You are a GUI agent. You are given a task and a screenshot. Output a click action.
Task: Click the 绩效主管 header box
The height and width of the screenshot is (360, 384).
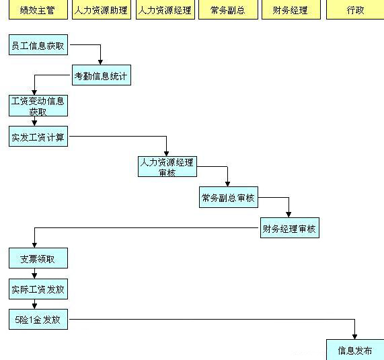[x=38, y=9]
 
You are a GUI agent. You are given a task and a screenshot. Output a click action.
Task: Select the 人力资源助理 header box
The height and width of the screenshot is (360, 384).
[x=102, y=9]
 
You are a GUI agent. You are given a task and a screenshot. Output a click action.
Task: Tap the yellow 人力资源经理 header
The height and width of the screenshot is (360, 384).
[x=165, y=9]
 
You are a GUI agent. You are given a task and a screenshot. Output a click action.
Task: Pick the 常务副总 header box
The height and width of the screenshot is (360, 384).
[x=228, y=9]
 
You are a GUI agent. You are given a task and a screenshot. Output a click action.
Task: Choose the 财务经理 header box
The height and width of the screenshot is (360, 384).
[x=291, y=9]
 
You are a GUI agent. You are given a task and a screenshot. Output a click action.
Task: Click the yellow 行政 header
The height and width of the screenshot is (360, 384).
[x=355, y=9]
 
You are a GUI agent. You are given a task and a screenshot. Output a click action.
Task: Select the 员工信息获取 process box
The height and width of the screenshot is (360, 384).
[x=38, y=45]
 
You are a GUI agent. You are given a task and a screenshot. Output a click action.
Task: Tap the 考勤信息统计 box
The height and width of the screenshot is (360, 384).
[x=102, y=75]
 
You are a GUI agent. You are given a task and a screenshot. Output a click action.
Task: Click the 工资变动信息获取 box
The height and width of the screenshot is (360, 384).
[x=38, y=106]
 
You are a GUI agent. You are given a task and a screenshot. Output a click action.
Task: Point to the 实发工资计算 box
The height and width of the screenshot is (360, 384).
[x=38, y=137]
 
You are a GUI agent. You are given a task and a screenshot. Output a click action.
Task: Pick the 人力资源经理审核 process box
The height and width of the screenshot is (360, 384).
[x=167, y=167]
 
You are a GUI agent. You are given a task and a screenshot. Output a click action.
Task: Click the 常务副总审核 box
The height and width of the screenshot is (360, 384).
[x=229, y=197]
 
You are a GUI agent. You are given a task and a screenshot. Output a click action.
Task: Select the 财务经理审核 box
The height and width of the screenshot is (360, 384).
[x=290, y=227]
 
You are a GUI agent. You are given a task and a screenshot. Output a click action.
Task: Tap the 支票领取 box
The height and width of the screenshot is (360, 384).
[x=38, y=258]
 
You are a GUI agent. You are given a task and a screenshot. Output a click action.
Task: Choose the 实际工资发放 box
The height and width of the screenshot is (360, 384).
[x=38, y=289]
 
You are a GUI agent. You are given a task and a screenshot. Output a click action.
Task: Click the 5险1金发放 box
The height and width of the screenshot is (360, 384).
[x=38, y=320]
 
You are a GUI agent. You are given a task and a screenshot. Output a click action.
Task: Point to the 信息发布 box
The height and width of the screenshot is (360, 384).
[x=355, y=350]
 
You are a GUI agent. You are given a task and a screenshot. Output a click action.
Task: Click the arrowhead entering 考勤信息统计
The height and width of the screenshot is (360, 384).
[x=100, y=63]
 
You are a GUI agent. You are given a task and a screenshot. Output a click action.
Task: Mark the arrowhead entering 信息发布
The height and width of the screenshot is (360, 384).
[x=354, y=336]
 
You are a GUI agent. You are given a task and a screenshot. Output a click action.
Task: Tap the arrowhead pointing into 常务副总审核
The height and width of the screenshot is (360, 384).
[x=227, y=184]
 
